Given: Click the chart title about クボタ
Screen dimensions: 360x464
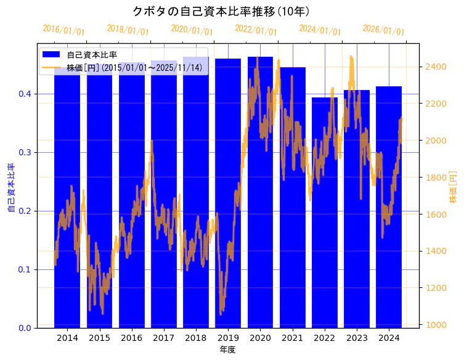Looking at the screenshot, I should coord(221,11).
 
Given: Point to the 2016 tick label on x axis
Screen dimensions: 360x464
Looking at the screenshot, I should coord(131,338).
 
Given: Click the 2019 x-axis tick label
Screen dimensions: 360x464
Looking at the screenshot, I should coord(228,338).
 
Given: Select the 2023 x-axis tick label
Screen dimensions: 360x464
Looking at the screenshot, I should coord(357,338).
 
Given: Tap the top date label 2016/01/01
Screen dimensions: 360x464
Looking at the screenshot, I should coord(64,30).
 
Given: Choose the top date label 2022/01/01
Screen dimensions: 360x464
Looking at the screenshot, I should coord(256,30).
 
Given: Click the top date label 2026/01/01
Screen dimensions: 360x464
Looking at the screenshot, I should coord(384,30).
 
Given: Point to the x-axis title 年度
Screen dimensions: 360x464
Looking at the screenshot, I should coord(227,350).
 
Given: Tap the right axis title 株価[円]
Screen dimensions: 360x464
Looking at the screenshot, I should coord(454,186).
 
